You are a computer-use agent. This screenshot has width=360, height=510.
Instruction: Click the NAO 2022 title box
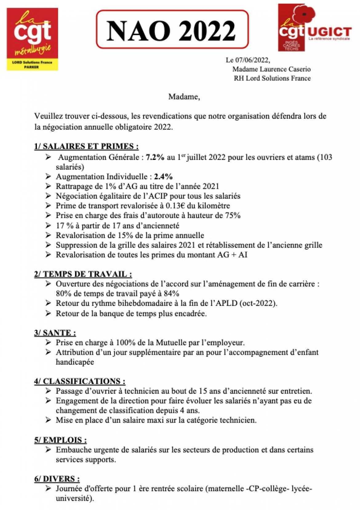pos(172,30)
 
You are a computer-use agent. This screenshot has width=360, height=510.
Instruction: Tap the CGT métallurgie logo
pos(32,39)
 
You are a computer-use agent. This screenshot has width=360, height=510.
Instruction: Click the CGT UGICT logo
pos(314,28)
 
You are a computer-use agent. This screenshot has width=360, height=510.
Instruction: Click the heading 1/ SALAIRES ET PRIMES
pos(86,146)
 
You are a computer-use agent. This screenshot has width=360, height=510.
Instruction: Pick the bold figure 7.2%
pos(155,157)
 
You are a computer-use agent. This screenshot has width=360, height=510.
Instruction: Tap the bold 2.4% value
pos(163,176)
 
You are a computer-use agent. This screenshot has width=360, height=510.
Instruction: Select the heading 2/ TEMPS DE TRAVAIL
pos(83,274)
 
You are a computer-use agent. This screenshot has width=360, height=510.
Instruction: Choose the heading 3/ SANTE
pos(55,333)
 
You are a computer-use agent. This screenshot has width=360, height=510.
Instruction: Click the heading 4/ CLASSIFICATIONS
pos(80,381)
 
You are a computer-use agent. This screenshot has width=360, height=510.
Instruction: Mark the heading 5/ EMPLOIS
pos(60,440)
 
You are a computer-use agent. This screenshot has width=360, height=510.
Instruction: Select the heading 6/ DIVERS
pos(57,479)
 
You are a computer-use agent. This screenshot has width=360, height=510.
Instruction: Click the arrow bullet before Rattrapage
pos(48,186)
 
